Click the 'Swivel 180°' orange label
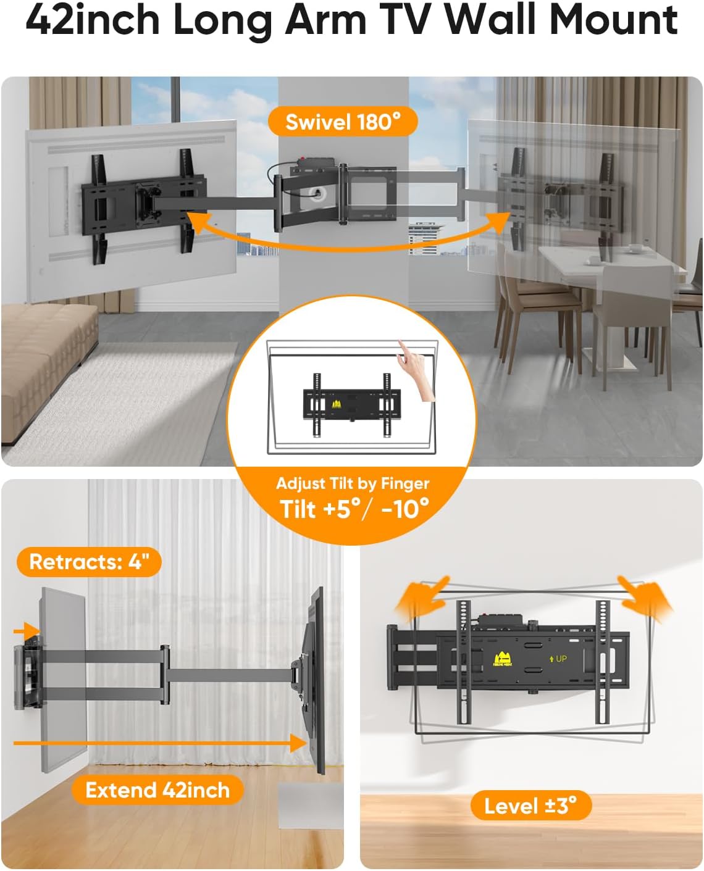pyautogui.click(x=343, y=122)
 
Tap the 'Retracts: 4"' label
pyautogui.click(x=89, y=562)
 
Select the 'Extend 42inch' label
pyautogui.click(x=157, y=790)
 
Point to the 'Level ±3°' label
pyautogui.click(x=530, y=806)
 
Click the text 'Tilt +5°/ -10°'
pyautogui.click(x=354, y=509)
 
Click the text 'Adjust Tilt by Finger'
pyautogui.click(x=353, y=483)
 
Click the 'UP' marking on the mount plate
pyautogui.click(x=558, y=659)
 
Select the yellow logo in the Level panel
pyautogui.click(x=503, y=660)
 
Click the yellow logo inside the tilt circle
pyautogui.click(x=337, y=404)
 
